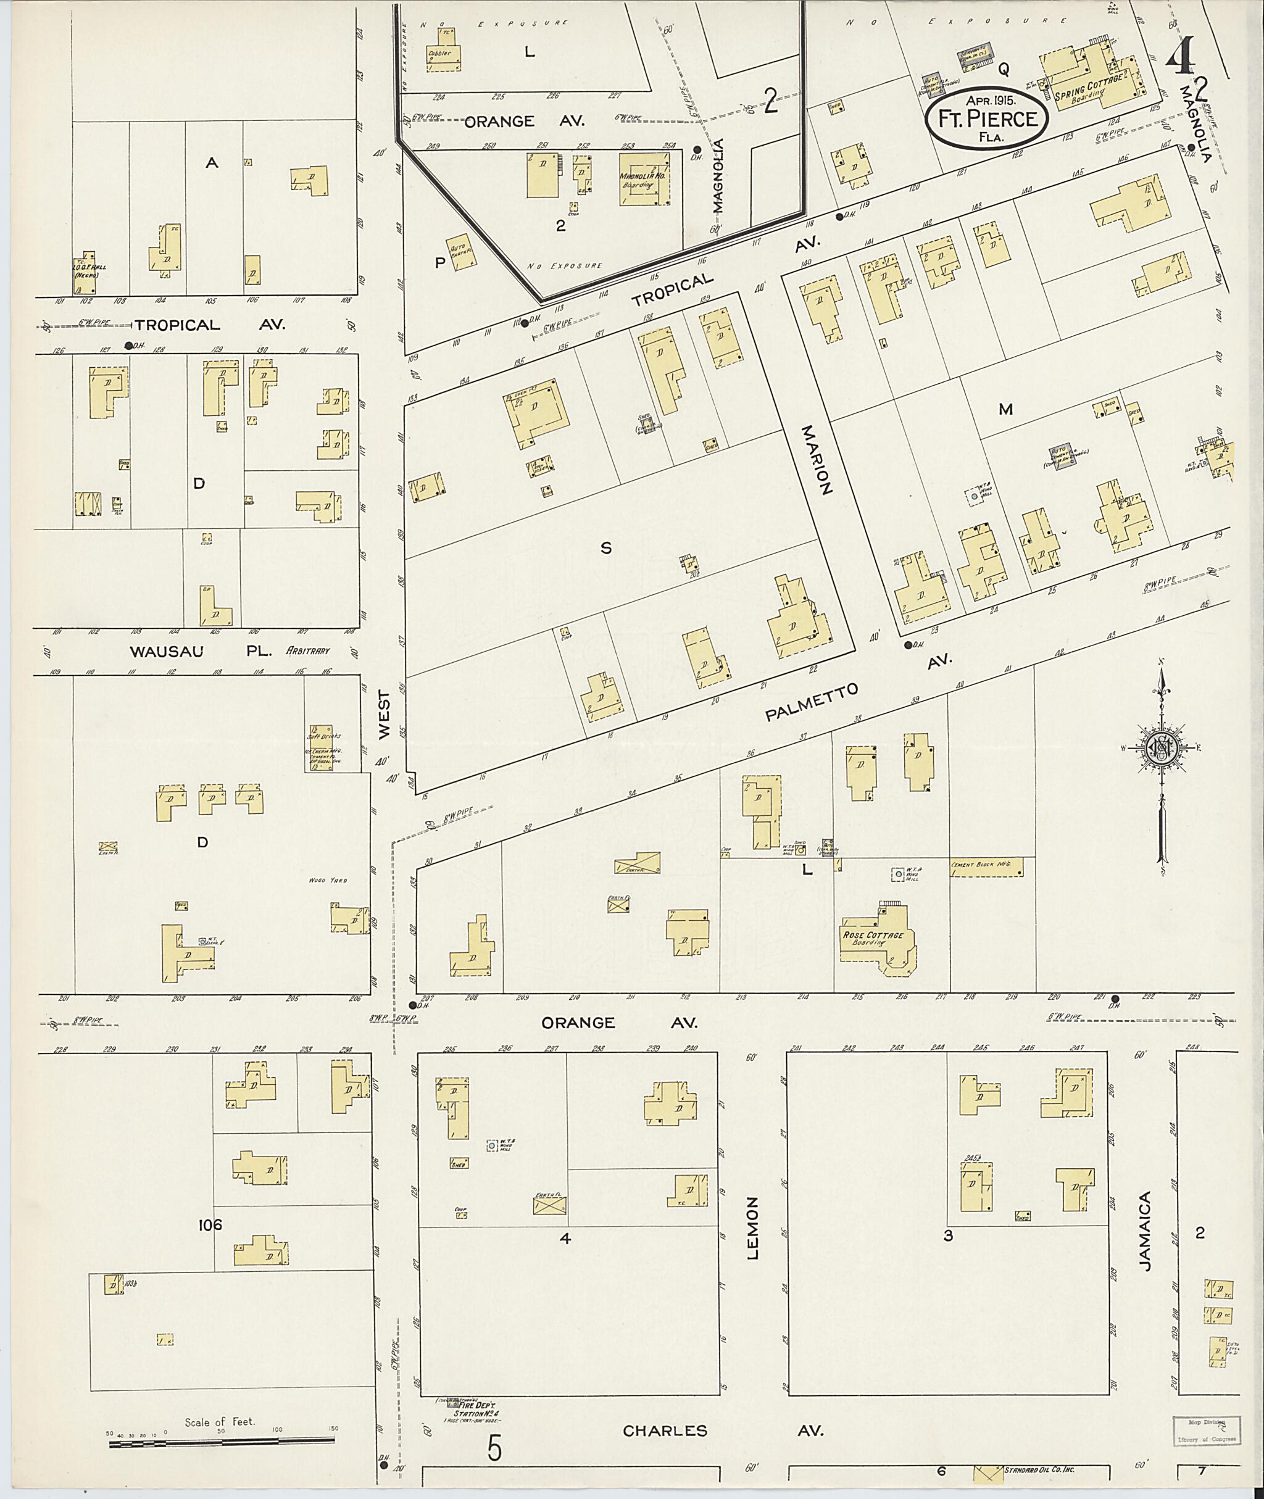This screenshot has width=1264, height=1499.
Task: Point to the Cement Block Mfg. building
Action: point(986,866)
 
